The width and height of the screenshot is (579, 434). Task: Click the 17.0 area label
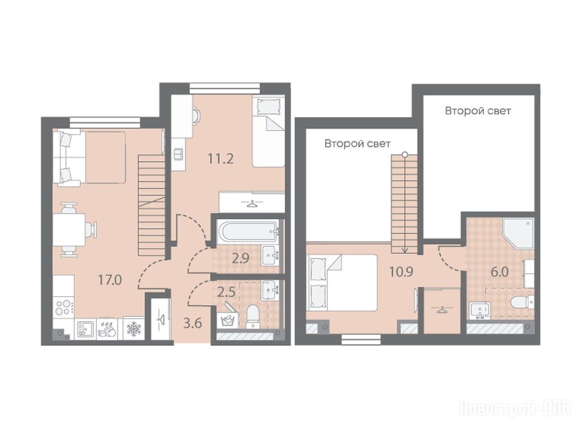[x=110, y=280]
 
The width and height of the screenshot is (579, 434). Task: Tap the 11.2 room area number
[x=221, y=159]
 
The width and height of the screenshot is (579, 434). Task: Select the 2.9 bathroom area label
[x=240, y=258]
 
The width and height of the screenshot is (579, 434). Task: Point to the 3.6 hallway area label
[x=193, y=323]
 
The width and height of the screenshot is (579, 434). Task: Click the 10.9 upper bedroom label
[x=401, y=272]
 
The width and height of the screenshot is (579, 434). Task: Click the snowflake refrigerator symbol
[x=133, y=328]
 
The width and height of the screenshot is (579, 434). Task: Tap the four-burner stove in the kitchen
[x=63, y=307]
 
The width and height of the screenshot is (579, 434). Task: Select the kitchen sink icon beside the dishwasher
[x=85, y=329]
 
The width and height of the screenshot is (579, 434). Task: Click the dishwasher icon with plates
[x=107, y=329]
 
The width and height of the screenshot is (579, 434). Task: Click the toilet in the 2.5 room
[x=253, y=315]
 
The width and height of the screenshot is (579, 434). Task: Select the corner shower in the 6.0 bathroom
[x=518, y=233]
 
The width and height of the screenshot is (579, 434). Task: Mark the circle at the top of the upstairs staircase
[x=405, y=155]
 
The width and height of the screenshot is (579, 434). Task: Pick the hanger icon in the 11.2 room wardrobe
[x=252, y=203]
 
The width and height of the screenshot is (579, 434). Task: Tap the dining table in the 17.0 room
[x=69, y=229]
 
